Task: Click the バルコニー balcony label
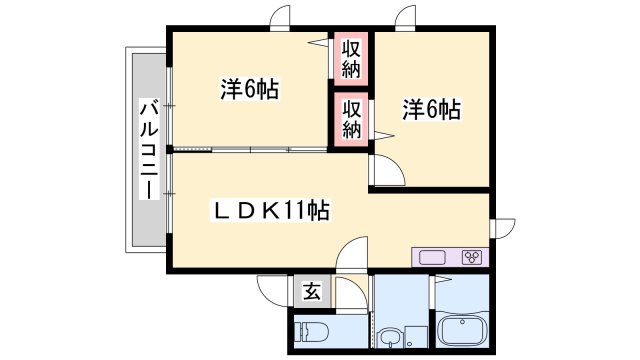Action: (x=147, y=149)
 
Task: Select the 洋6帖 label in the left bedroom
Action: (x=249, y=89)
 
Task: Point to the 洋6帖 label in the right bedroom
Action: (x=432, y=109)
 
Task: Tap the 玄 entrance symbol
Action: (x=312, y=292)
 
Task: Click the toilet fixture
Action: (x=314, y=330)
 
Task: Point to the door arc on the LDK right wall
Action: (x=501, y=228)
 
